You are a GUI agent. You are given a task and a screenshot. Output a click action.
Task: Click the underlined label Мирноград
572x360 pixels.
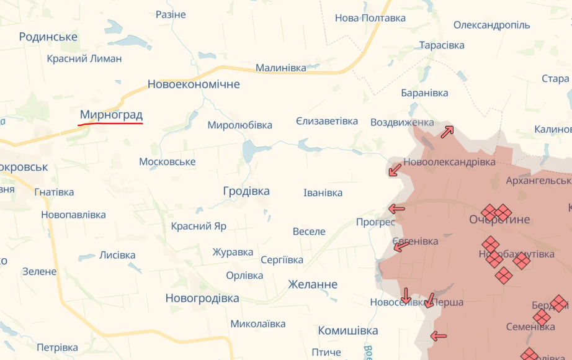(x=111, y=115)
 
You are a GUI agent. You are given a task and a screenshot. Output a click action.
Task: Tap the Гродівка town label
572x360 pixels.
(x=246, y=191)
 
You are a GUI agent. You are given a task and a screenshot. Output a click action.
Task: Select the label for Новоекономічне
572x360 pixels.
(x=194, y=84)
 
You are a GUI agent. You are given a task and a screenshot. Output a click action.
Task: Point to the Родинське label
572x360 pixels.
(x=48, y=37)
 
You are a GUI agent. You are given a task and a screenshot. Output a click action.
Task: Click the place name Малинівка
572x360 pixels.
(x=281, y=68)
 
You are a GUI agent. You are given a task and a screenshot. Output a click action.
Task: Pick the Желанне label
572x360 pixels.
(x=313, y=284)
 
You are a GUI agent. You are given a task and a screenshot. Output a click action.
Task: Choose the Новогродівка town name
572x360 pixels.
(x=202, y=299)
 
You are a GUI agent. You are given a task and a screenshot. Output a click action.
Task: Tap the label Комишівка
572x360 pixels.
(x=348, y=330)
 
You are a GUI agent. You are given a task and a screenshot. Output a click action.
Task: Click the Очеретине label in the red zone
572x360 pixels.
(x=499, y=220)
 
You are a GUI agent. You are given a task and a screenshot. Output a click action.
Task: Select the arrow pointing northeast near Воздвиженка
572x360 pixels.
(x=447, y=132)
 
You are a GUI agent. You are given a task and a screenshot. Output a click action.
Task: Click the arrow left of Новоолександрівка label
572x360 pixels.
(x=394, y=169)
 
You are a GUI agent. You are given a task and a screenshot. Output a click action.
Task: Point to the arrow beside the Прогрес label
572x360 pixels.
(x=396, y=209)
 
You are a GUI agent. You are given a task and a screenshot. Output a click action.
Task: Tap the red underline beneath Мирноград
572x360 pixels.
(x=110, y=124)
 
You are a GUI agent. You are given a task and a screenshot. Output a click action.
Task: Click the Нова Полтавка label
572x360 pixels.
(x=370, y=18)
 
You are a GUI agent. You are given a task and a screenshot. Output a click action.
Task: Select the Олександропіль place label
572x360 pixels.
(x=491, y=25)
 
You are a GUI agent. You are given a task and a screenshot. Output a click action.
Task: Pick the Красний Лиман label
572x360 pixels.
(x=84, y=59)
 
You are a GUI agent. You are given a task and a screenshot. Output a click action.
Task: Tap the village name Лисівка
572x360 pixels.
(x=117, y=255)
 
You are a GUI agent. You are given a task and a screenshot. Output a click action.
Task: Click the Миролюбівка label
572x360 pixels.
(x=240, y=125)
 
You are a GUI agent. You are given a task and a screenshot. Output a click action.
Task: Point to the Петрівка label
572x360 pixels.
(x=58, y=348)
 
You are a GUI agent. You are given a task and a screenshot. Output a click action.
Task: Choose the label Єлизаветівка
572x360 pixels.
(x=327, y=121)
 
